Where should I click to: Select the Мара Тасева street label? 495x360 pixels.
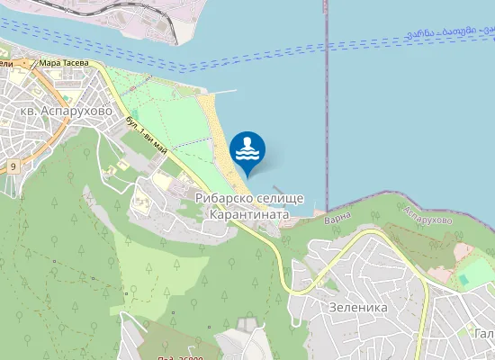(63, 64)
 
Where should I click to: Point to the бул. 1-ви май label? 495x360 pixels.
(147, 134)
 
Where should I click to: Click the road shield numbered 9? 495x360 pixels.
(13, 167)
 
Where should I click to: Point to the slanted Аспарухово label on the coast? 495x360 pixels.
(427, 220)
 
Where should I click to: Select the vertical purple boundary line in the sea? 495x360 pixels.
(326, 108)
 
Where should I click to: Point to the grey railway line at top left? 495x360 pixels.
(90, 8)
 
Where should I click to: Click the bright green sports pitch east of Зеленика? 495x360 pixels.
(475, 272)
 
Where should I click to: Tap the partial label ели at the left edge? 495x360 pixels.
(5, 64)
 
